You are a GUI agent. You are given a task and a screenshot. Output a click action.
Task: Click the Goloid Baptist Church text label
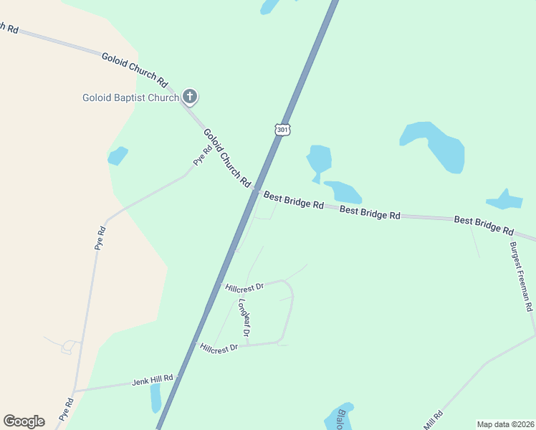coord(130,97)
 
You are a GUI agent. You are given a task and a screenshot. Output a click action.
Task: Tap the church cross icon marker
coord(190,96)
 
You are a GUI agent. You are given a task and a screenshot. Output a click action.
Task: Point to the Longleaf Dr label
coord(244,317)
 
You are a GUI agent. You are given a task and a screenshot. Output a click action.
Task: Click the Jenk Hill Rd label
coord(153,379)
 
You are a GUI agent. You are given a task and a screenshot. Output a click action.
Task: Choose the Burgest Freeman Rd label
coord(521,276)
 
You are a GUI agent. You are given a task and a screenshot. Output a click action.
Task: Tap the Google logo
coord(24,421)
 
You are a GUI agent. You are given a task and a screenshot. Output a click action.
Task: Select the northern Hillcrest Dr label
coord(244,287)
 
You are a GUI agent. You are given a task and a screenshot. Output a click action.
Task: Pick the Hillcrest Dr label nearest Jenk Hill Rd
coord(219,348)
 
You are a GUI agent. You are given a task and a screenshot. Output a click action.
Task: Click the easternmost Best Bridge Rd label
coord(484,225)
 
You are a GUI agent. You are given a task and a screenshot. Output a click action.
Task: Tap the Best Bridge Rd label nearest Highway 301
coord(293,200)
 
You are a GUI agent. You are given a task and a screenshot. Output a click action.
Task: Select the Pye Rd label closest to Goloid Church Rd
coord(203,155)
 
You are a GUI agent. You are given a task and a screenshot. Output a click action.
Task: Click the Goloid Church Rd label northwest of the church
coord(134,70)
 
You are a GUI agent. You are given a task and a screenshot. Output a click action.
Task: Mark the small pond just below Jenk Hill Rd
coord(156,398)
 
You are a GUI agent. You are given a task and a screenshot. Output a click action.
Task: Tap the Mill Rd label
coord(433,420)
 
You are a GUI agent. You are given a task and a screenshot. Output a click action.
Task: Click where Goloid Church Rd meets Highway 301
coord(254,191)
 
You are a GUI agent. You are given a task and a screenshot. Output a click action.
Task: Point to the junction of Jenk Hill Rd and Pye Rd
coord(75,391)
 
